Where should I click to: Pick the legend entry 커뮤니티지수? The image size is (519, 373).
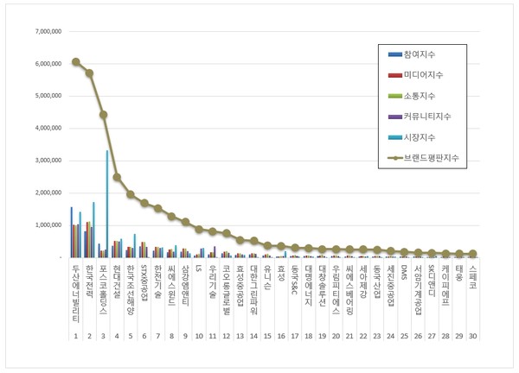click(x=432, y=116)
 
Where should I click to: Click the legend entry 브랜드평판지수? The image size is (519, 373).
click(x=436, y=156)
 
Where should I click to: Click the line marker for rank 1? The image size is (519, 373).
click(x=76, y=62)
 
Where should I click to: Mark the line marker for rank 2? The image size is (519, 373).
click(x=89, y=73)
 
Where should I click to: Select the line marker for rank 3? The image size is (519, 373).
click(x=103, y=114)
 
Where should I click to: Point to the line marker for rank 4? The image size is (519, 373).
click(x=117, y=177)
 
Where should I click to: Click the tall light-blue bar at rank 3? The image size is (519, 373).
click(x=107, y=204)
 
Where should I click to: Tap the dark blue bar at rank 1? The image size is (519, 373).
click(x=72, y=232)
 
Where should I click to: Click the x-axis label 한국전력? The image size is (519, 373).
click(x=89, y=284)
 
